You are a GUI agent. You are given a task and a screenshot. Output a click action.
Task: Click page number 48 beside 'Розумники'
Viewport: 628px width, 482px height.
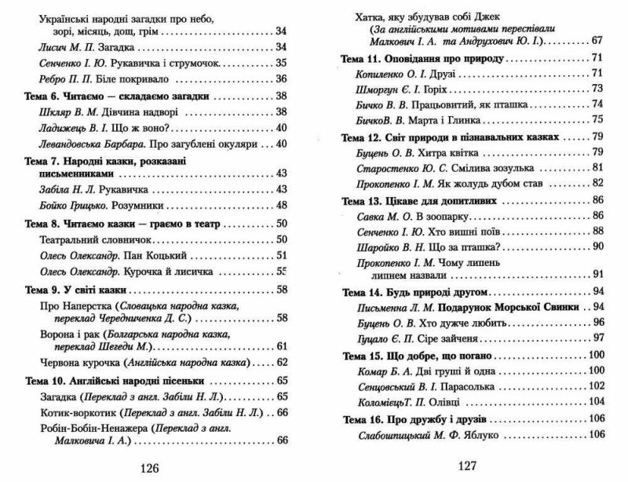tap(282, 205)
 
